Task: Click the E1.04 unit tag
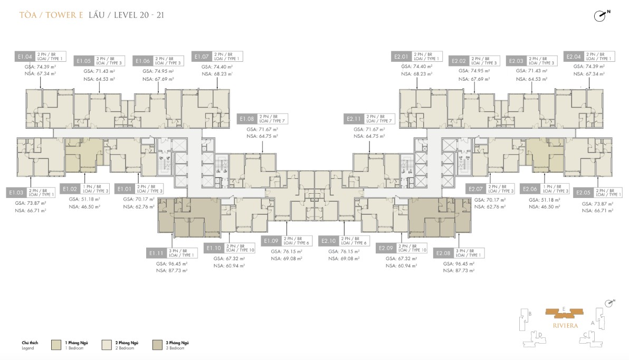(25, 56)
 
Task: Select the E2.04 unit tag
(574, 56)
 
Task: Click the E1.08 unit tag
(247, 119)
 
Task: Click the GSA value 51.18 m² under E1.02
(84, 200)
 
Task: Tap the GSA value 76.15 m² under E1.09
(286, 252)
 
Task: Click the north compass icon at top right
(600, 15)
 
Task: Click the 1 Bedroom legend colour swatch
(56, 345)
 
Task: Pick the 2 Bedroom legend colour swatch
(107, 345)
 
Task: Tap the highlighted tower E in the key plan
(564, 314)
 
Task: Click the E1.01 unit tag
(125, 188)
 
